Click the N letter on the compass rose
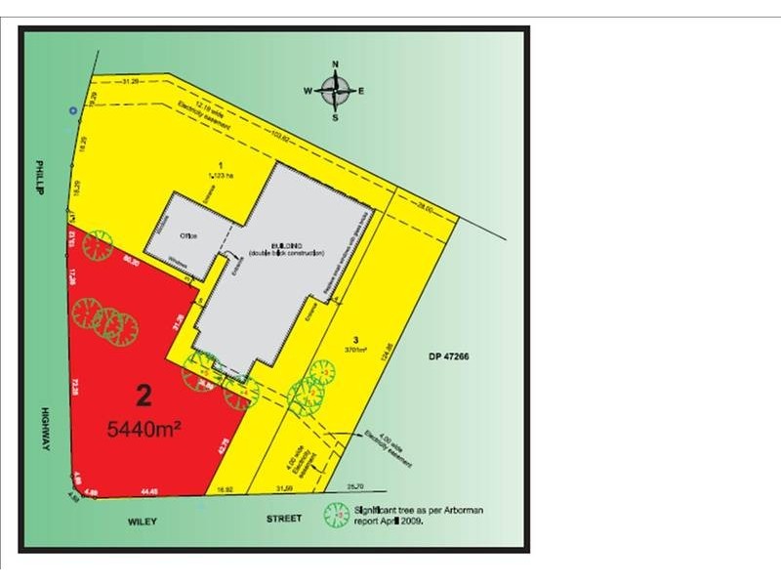point(336,63)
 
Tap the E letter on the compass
point(361,91)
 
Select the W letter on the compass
point(307,91)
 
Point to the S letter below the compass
point(335,117)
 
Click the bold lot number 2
point(144,397)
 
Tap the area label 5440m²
point(145,428)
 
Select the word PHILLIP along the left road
point(42,179)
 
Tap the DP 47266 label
point(448,358)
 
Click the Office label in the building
point(188,235)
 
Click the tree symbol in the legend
point(338,515)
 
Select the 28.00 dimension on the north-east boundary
point(425,207)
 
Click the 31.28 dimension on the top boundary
point(130,80)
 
